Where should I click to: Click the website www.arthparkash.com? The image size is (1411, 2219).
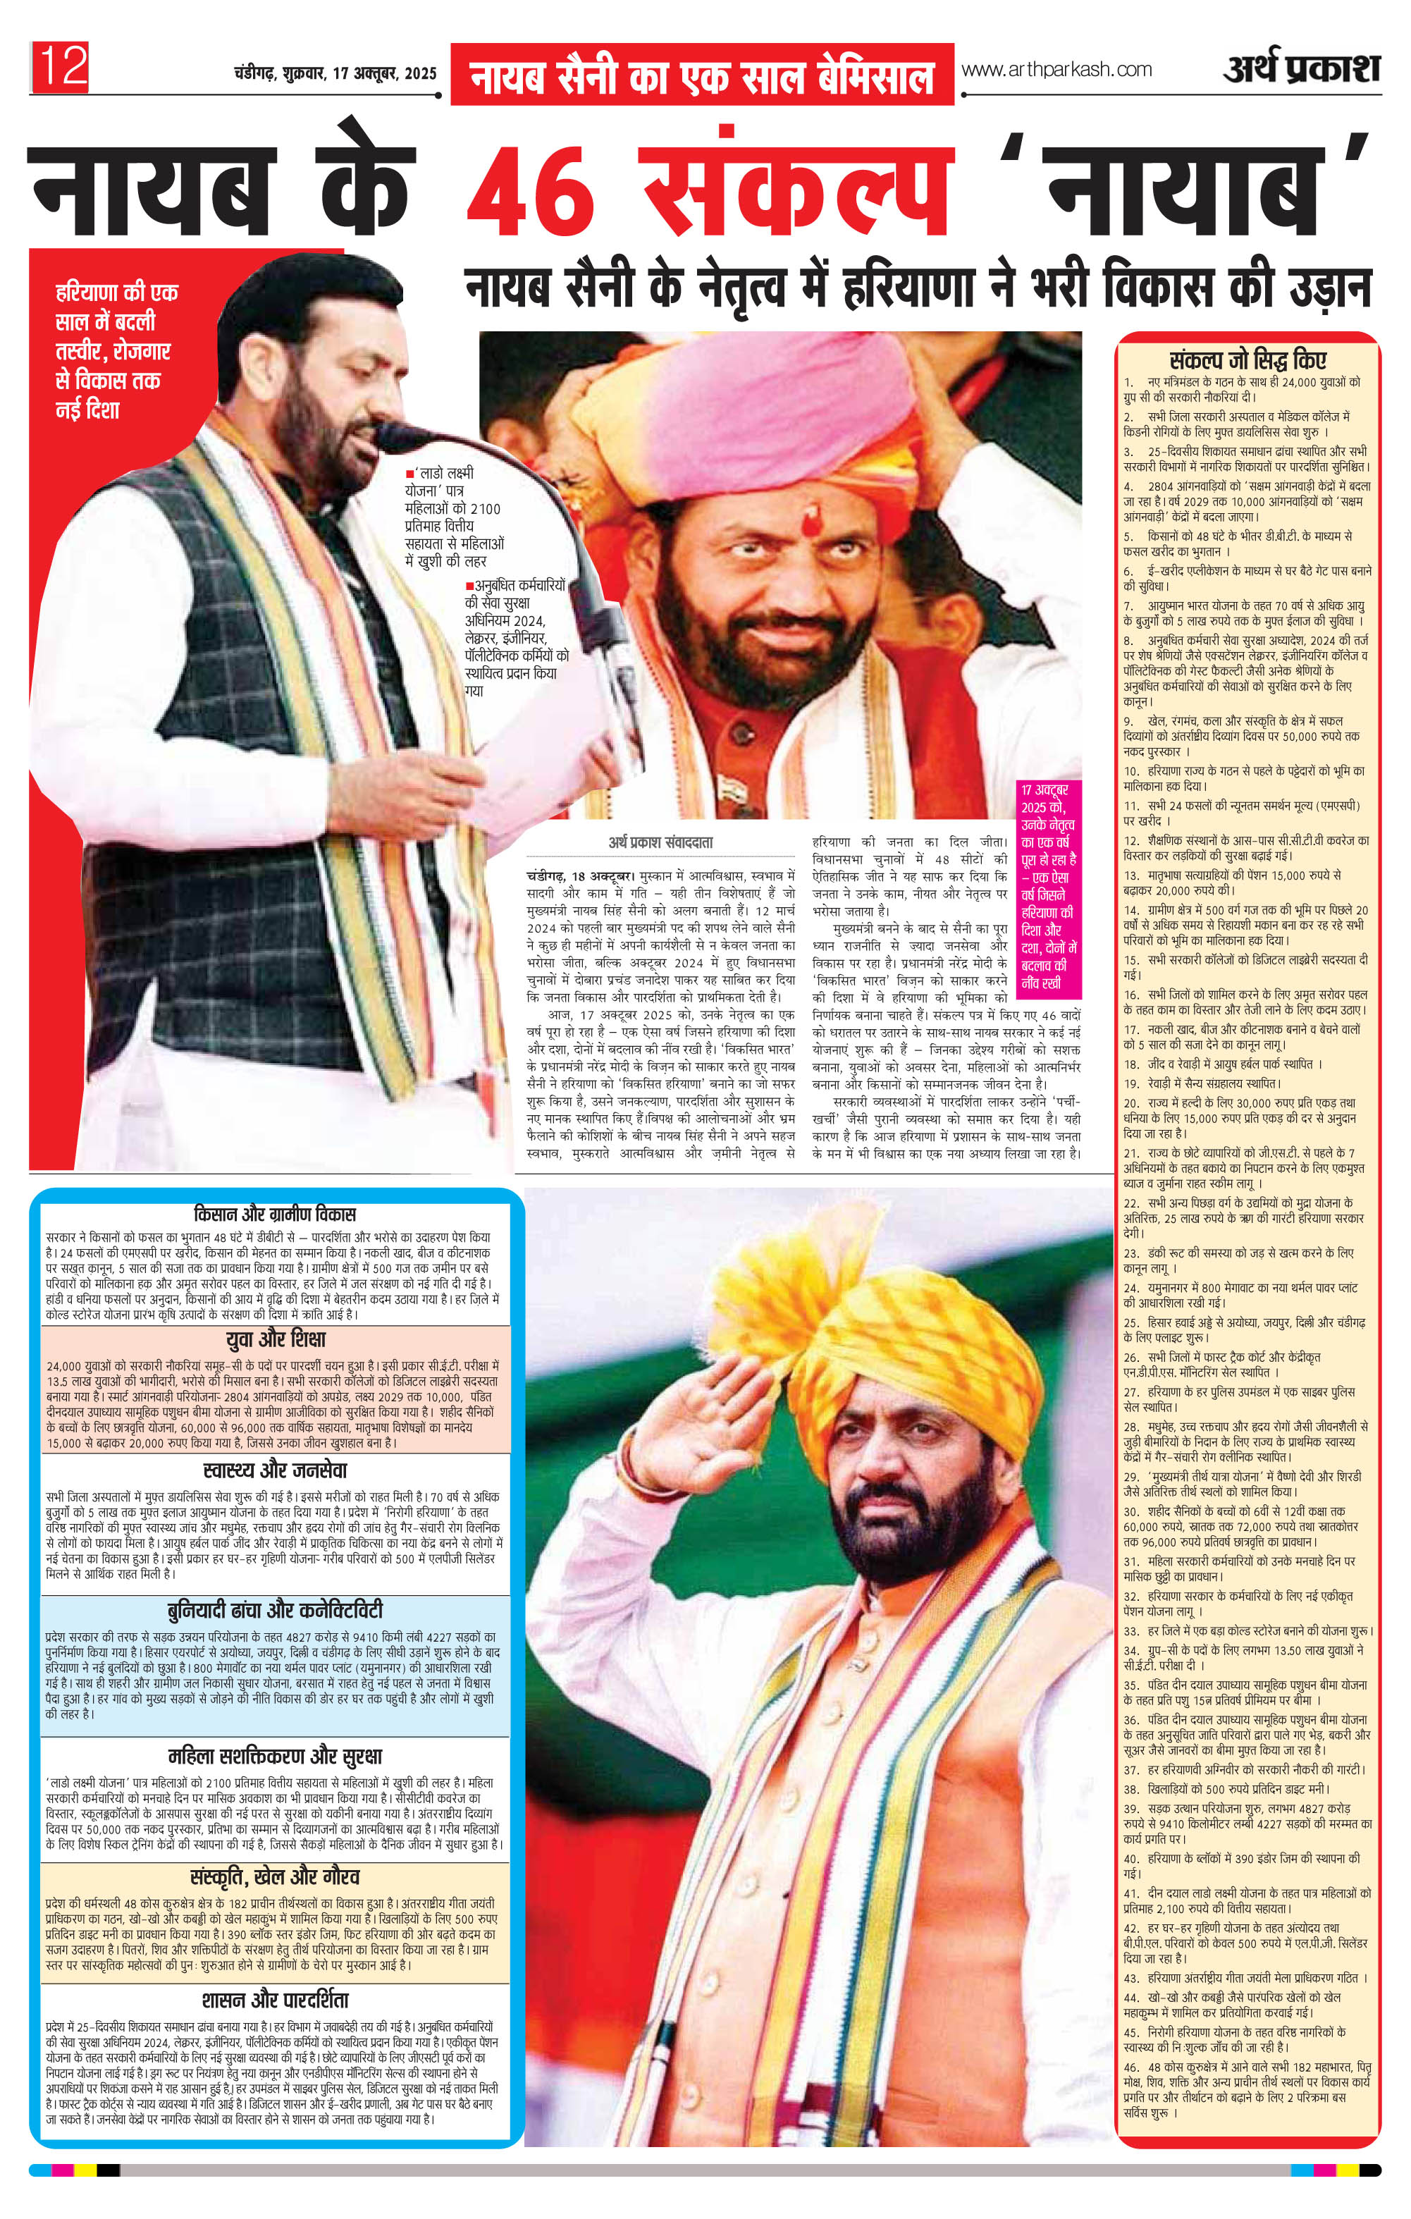[1056, 69]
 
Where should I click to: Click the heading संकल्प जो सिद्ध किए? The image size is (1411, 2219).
[1248, 360]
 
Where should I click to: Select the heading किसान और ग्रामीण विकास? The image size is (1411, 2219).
[275, 1214]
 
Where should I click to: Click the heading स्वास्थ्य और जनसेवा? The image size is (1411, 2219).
[276, 1470]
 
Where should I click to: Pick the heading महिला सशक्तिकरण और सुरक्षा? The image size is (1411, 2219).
[276, 1757]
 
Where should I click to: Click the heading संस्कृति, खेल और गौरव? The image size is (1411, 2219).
[276, 1877]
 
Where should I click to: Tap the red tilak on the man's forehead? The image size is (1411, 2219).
[808, 524]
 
